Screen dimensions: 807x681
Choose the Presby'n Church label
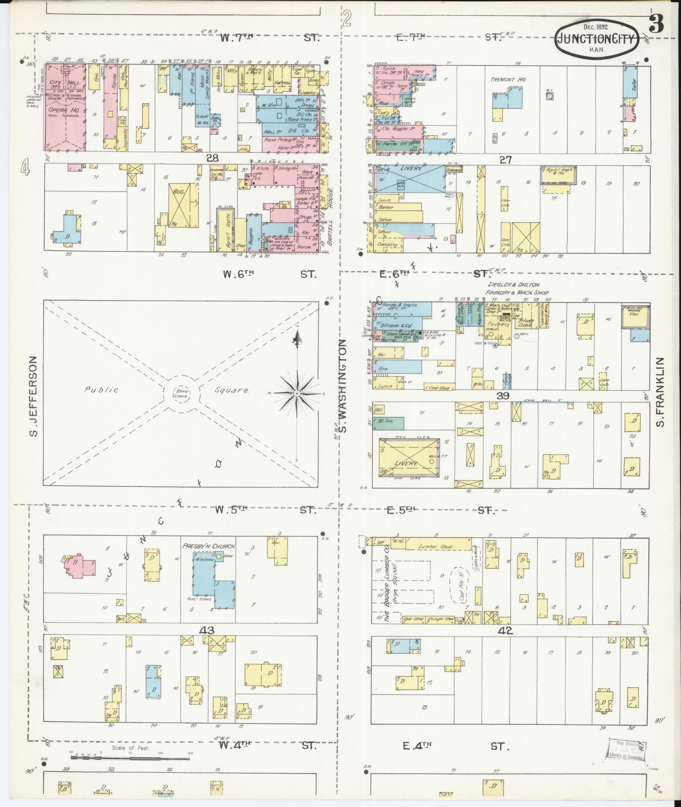point(209,545)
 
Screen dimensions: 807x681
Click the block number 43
point(208,631)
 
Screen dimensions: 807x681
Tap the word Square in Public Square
point(232,390)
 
